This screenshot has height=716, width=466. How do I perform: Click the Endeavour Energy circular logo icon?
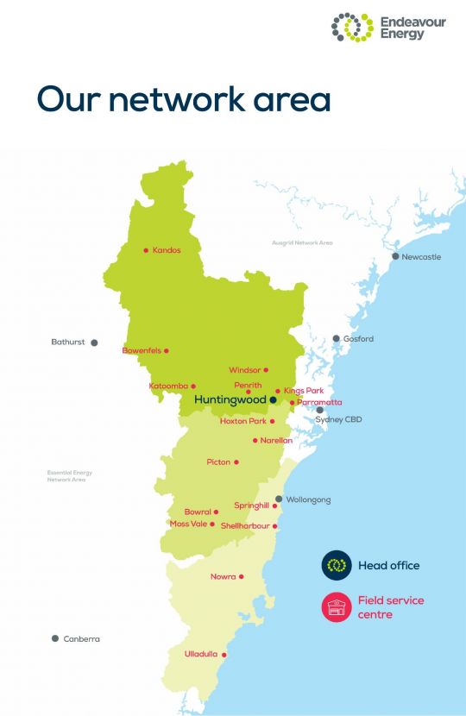pos(352,27)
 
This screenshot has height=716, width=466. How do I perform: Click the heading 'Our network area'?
pos(184,98)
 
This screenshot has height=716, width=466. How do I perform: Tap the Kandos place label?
pos(167,250)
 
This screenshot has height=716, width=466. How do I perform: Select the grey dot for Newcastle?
pos(395,256)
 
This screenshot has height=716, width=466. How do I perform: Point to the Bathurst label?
pos(68,342)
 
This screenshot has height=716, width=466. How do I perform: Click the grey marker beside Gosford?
pos(337,339)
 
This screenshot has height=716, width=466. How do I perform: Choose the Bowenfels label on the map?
pos(142,350)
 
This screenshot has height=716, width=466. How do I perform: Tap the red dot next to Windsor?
pos(266,370)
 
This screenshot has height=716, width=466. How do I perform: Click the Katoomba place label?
pos(168,386)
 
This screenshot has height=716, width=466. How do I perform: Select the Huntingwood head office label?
pos(230,400)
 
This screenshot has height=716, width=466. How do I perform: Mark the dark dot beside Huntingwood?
pos(273,400)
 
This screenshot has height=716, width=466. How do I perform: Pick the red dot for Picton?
pos(236,462)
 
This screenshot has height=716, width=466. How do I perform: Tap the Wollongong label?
pos(308,499)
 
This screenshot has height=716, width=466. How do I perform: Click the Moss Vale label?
pos(188,524)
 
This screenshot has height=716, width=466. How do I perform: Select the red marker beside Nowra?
pos(242,576)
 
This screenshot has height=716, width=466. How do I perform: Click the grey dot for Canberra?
pos(55,639)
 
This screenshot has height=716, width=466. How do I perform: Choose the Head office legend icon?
pos(337,565)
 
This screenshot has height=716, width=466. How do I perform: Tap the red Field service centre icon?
pos(337,606)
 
